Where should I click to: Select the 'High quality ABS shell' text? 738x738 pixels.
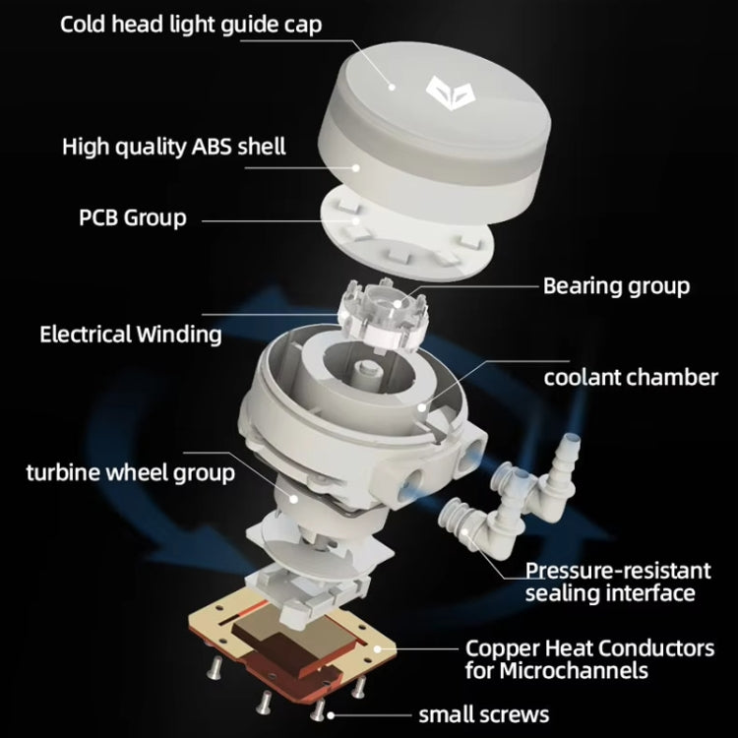[173, 148]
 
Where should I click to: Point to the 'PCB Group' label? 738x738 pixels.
[132, 216]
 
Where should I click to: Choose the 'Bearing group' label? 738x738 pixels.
[616, 286]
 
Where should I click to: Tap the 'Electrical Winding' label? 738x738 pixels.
[130, 335]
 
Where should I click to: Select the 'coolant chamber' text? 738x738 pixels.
[631, 377]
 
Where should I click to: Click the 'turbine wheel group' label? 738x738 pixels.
[130, 472]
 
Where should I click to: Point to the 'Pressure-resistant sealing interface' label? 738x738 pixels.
[617, 582]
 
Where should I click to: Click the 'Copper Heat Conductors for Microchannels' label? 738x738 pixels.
[603, 659]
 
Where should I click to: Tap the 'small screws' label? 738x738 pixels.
[484, 714]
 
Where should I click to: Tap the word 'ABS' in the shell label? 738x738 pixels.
[202, 148]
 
